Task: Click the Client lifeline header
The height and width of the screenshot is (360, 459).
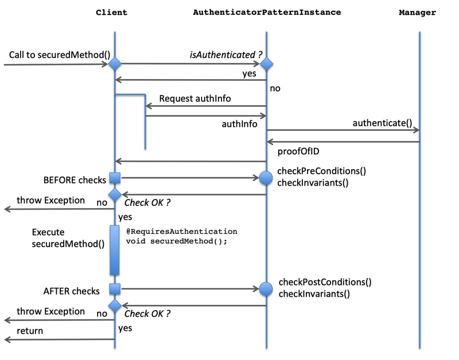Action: click(x=111, y=12)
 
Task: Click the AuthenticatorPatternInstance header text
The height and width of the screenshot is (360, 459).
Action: click(x=267, y=12)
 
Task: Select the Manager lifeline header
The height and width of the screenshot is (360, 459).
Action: click(x=417, y=12)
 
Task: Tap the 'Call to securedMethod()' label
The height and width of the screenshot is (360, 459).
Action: click(x=59, y=54)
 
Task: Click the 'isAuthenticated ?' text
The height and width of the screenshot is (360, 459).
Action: click(x=226, y=54)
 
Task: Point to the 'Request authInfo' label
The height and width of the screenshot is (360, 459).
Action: click(x=195, y=99)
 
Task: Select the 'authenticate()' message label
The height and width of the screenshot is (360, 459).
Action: click(x=382, y=123)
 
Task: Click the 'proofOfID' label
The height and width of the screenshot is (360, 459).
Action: click(x=298, y=151)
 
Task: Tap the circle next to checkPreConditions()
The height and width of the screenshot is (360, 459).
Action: click(x=266, y=178)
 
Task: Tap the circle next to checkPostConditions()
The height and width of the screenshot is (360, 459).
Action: click(x=266, y=289)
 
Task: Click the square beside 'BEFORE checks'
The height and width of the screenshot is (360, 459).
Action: click(x=115, y=178)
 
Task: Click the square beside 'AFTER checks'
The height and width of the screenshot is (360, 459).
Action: click(x=115, y=289)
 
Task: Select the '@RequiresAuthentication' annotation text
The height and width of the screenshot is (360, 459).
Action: click(x=181, y=231)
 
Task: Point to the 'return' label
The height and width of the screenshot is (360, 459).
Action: click(x=30, y=331)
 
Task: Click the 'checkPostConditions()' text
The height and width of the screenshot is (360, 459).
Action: click(x=325, y=282)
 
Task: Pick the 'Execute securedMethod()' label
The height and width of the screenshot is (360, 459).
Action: click(x=68, y=238)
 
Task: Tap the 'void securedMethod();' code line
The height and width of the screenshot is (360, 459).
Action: click(x=177, y=241)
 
